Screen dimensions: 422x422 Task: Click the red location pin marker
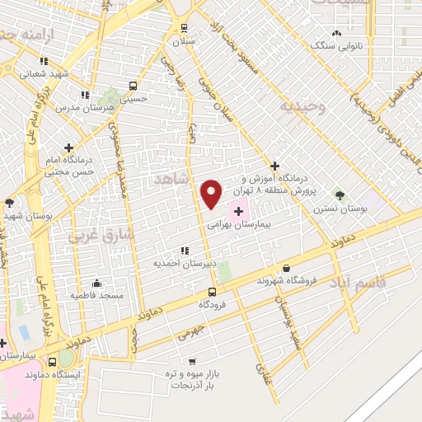pyautogui.click(x=212, y=193)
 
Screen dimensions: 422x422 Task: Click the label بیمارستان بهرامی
pyautogui.click(x=238, y=224)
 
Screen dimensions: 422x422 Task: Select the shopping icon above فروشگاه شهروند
pyautogui.click(x=286, y=268)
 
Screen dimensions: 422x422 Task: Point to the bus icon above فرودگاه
pyautogui.click(x=212, y=292)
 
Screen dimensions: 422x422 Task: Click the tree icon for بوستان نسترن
pyautogui.click(x=339, y=195)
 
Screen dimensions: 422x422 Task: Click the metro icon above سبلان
pyautogui.click(x=184, y=26)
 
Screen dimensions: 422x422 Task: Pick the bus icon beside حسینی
pyautogui.click(x=134, y=85)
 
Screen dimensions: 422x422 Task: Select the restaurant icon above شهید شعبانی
pyautogui.click(x=44, y=61)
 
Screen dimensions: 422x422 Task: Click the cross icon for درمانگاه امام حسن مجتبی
pyautogui.click(x=69, y=147)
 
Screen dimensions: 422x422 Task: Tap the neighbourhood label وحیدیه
pyautogui.click(x=302, y=107)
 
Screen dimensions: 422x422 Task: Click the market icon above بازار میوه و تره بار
pyautogui.click(x=191, y=361)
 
